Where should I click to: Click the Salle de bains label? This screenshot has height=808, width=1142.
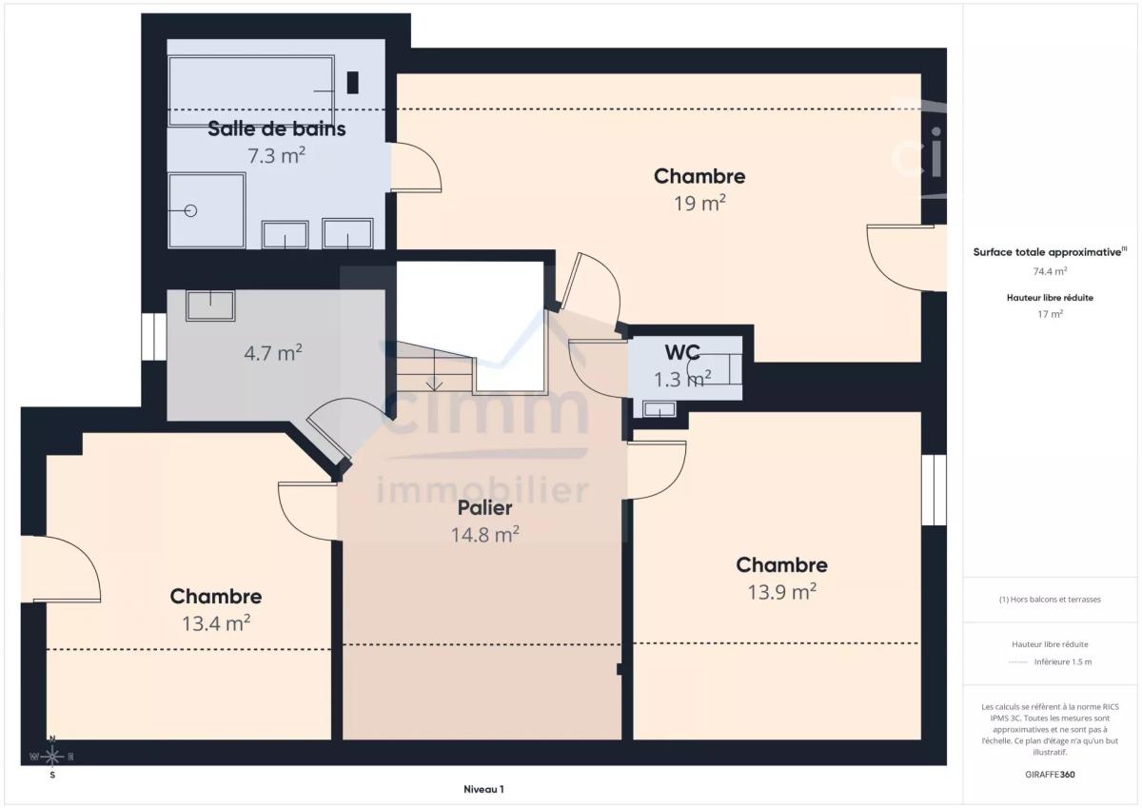pyautogui.click(x=276, y=129)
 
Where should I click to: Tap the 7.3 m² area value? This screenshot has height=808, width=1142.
pyautogui.click(x=276, y=155)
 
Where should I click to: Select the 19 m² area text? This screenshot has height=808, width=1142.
pyautogui.click(x=700, y=204)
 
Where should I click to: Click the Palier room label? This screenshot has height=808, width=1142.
pyautogui.click(x=484, y=508)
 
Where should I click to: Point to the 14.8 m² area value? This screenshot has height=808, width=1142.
pyautogui.click(x=484, y=535)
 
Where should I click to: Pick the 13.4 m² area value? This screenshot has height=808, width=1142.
pyautogui.click(x=216, y=623)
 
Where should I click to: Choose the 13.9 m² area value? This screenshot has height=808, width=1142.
pyautogui.click(x=782, y=592)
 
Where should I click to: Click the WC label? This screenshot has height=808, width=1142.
pyautogui.click(x=682, y=352)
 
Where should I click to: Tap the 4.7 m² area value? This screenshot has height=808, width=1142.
pyautogui.click(x=273, y=353)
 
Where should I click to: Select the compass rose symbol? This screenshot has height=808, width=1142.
pyautogui.click(x=52, y=757)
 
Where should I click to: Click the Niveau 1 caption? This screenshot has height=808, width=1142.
pyautogui.click(x=483, y=789)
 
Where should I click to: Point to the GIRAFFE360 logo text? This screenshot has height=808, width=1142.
pyautogui.click(x=1050, y=775)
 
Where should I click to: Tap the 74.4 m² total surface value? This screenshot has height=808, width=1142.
pyautogui.click(x=1050, y=271)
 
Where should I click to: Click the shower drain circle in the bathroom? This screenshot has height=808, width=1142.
pyautogui.click(x=190, y=210)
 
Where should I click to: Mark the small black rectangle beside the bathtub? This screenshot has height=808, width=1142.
pyautogui.click(x=352, y=83)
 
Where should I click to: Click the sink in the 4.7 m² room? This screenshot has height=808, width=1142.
pyautogui.click(x=210, y=305)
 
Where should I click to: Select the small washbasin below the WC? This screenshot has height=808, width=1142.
pyautogui.click(x=660, y=409)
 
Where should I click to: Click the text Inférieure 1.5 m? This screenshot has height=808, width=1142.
pyautogui.click(x=1063, y=661)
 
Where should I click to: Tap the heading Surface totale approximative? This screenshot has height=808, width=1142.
pyautogui.click(x=1047, y=252)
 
